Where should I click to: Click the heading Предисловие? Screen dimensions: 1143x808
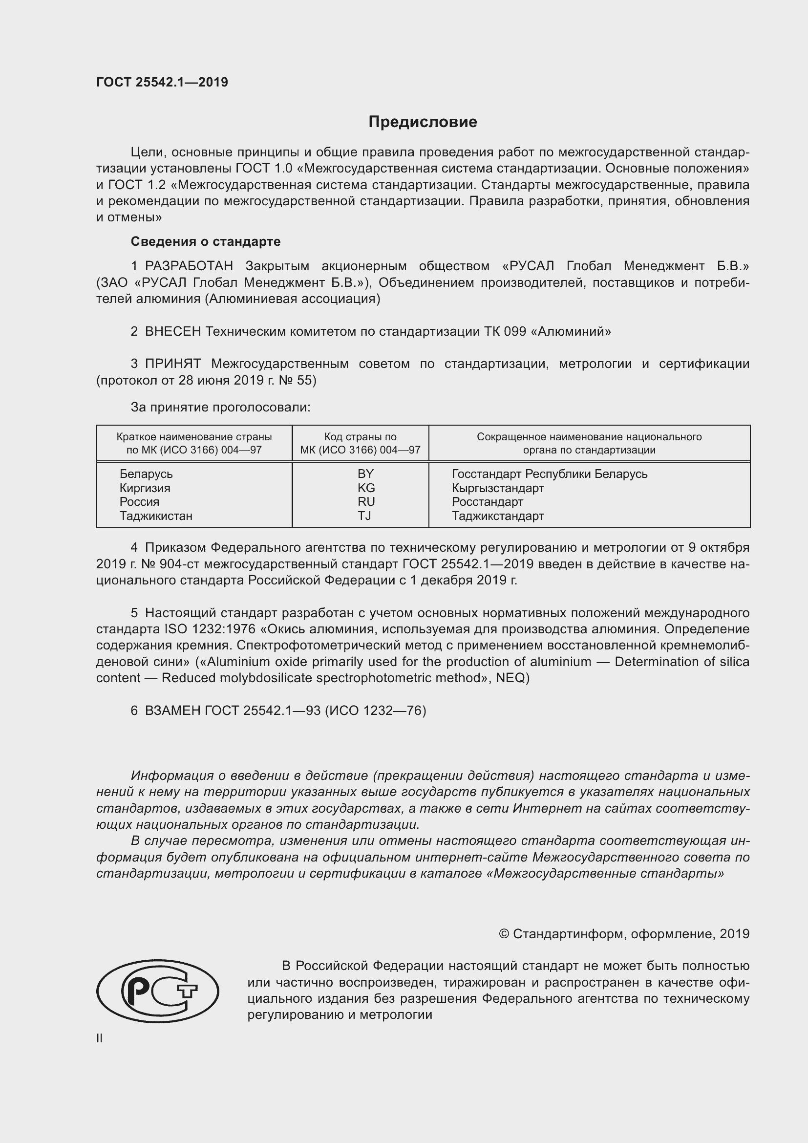pyautogui.click(x=423, y=122)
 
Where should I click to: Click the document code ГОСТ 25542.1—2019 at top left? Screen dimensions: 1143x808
pyautogui.click(x=162, y=82)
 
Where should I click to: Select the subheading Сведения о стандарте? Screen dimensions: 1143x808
pyautogui.click(x=206, y=241)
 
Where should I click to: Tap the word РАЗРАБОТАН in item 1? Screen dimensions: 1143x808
pyautogui.click(x=189, y=266)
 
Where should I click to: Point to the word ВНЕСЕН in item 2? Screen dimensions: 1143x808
pyautogui.click(x=172, y=331)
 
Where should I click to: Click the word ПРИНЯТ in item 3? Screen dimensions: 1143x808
pyautogui.click(x=172, y=364)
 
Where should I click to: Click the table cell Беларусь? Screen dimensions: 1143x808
pyautogui.click(x=146, y=474)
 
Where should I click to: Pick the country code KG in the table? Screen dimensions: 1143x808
pyautogui.click(x=366, y=487)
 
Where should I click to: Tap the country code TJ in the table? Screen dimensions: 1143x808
pyautogui.click(x=364, y=515)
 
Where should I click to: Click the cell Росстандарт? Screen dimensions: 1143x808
pyautogui.click(x=487, y=501)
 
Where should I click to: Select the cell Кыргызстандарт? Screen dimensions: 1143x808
pyautogui.click(x=497, y=487)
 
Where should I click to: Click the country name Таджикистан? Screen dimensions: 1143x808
pyautogui.click(x=156, y=515)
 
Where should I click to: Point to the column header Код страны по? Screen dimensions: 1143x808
pyautogui.click(x=360, y=436)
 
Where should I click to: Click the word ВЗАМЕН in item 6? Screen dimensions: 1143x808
pyautogui.click(x=172, y=711)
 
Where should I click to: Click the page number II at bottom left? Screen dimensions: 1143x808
pyautogui.click(x=100, y=1038)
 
